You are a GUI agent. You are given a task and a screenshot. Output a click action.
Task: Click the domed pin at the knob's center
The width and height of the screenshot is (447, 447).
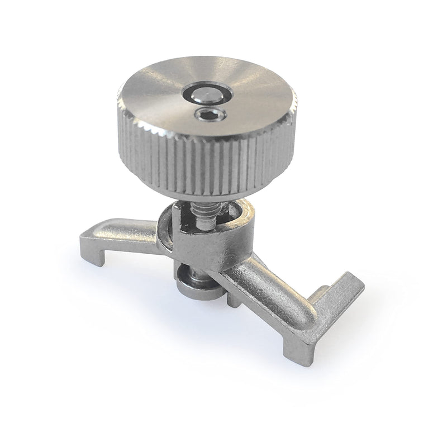(205, 94)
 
